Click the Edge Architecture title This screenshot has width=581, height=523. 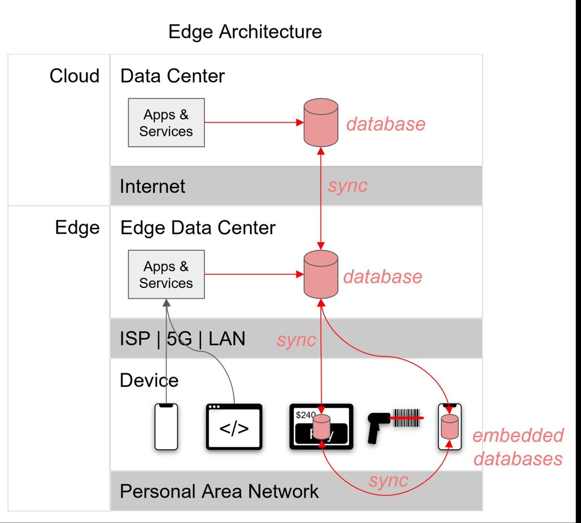(245, 32)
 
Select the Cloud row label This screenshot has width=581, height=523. (75, 76)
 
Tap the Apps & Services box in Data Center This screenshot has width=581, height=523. (166, 123)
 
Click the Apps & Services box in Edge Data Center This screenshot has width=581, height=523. (166, 274)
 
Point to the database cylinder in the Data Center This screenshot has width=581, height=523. (321, 123)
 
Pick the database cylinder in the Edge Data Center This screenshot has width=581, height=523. (321, 274)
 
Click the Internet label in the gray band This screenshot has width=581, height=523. (153, 187)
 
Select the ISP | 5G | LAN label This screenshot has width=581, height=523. (182, 338)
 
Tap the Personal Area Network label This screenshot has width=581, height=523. (219, 491)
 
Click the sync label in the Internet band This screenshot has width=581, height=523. (348, 186)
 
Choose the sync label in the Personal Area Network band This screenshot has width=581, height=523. (388, 480)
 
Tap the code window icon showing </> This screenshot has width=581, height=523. (234, 427)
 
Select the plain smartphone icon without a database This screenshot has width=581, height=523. (166, 427)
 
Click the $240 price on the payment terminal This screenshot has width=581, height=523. (305, 415)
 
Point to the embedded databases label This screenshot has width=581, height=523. (518, 447)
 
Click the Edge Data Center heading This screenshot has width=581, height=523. (198, 228)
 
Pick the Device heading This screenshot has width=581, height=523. (149, 380)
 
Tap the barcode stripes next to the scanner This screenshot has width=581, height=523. (407, 417)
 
